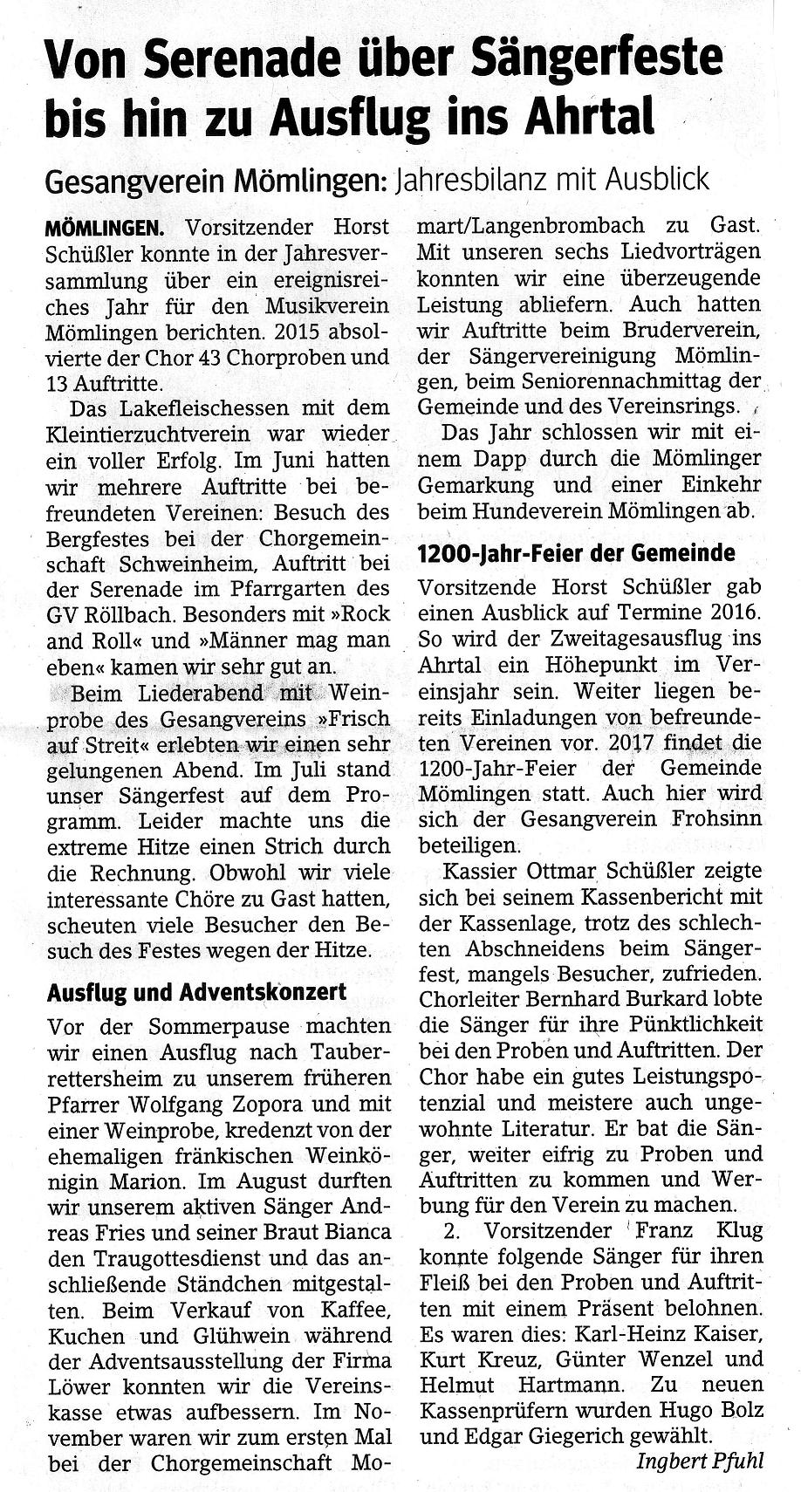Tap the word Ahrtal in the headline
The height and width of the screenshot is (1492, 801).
pyautogui.click(x=592, y=117)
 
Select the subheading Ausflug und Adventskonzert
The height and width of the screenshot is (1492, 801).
pyautogui.click(x=196, y=991)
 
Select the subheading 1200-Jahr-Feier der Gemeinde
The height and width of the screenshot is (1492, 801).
pyautogui.click(x=577, y=554)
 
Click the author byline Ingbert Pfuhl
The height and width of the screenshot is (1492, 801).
pyautogui.click(x=700, y=1461)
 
